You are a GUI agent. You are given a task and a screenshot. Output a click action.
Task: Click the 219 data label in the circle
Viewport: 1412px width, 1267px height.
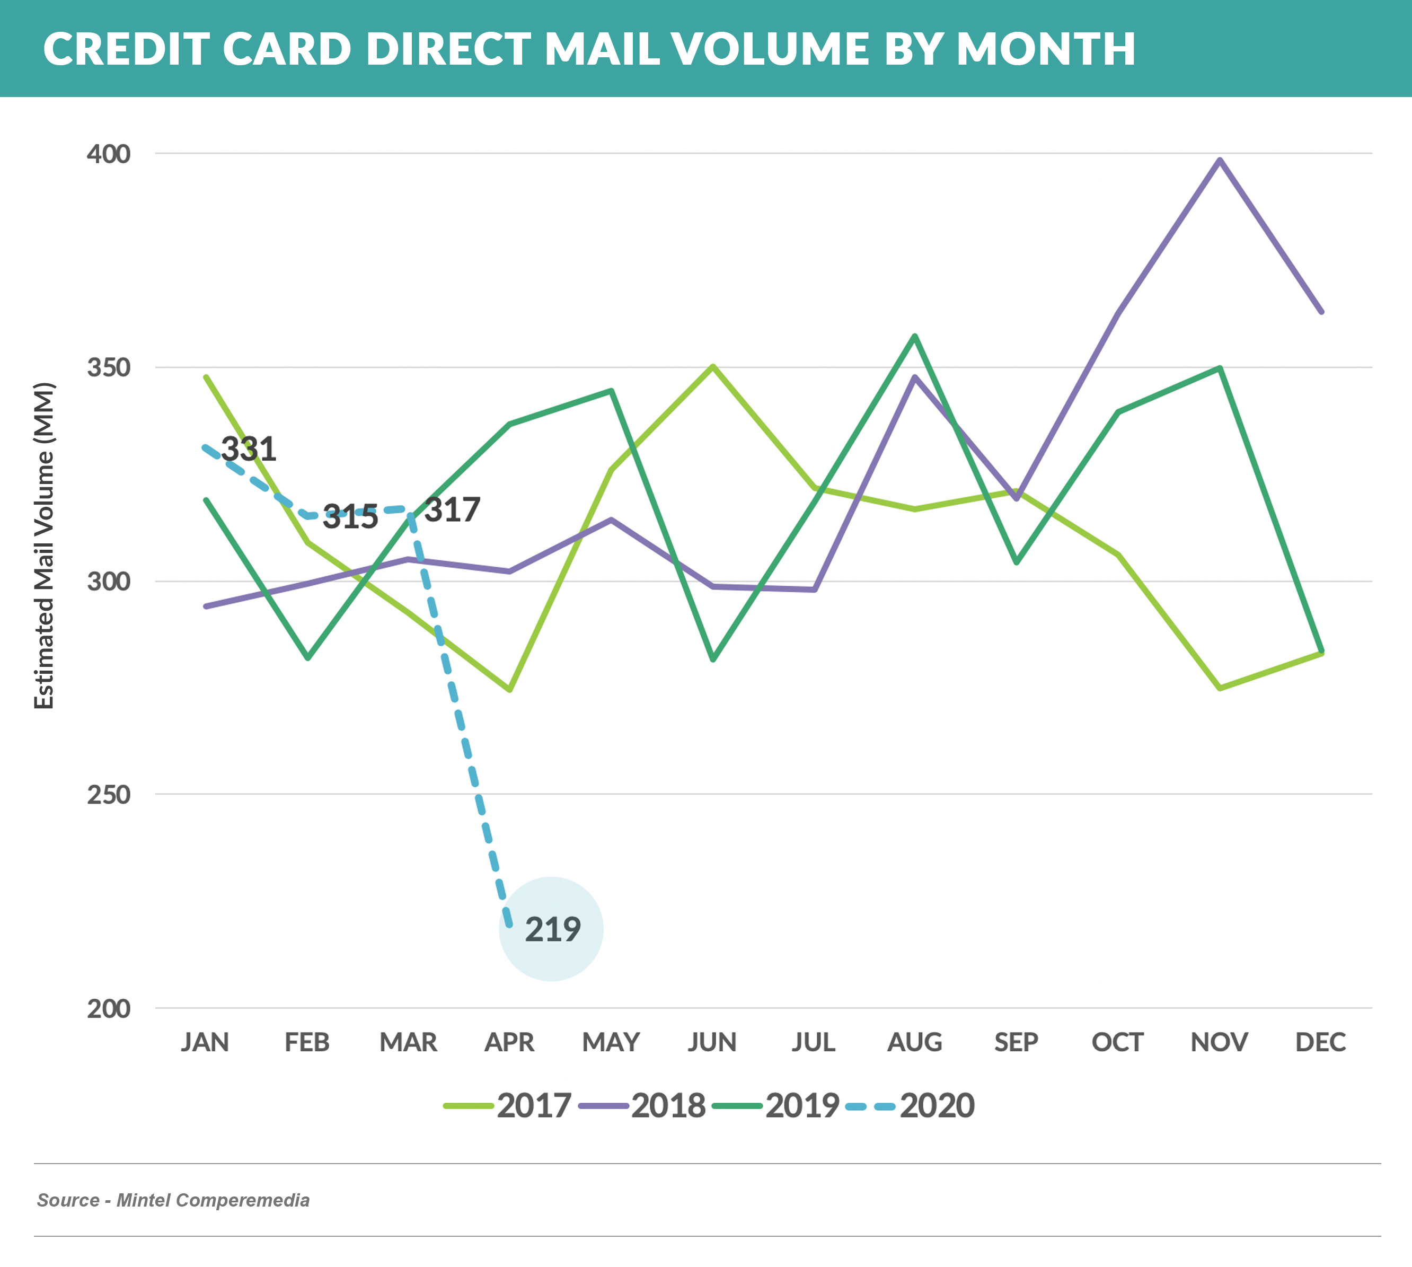click(552, 929)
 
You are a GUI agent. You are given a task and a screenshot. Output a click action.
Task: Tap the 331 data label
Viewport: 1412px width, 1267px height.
click(249, 449)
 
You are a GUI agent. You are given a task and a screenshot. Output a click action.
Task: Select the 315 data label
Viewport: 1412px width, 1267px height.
click(350, 517)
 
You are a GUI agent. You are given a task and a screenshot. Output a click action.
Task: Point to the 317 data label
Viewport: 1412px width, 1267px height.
click(452, 511)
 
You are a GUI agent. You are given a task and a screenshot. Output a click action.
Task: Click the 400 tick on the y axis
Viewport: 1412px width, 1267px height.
click(109, 154)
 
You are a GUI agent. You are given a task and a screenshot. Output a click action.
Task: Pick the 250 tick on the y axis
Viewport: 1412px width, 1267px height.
click(109, 794)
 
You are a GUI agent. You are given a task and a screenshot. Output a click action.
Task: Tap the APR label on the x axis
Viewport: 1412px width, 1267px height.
click(509, 1042)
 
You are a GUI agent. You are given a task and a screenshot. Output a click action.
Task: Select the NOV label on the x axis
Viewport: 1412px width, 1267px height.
click(1219, 1042)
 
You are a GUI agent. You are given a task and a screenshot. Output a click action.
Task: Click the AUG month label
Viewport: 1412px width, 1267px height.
click(914, 1042)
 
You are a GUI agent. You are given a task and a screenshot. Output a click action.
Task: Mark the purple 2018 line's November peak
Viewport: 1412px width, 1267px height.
click(1219, 160)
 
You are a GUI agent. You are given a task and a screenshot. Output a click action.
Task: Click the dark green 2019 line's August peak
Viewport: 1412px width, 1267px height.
click(914, 336)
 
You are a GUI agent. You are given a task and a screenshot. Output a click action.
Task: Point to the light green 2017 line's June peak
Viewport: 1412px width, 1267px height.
click(712, 366)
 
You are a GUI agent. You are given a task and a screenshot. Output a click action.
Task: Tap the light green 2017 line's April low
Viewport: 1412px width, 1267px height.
click(509, 689)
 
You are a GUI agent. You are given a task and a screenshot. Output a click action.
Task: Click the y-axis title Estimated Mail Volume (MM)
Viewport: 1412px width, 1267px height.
click(44, 546)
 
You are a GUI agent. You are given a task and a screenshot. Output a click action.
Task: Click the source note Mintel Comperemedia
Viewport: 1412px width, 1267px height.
click(212, 1200)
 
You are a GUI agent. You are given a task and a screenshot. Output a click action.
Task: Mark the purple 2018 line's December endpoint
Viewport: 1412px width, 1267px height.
click(1321, 311)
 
